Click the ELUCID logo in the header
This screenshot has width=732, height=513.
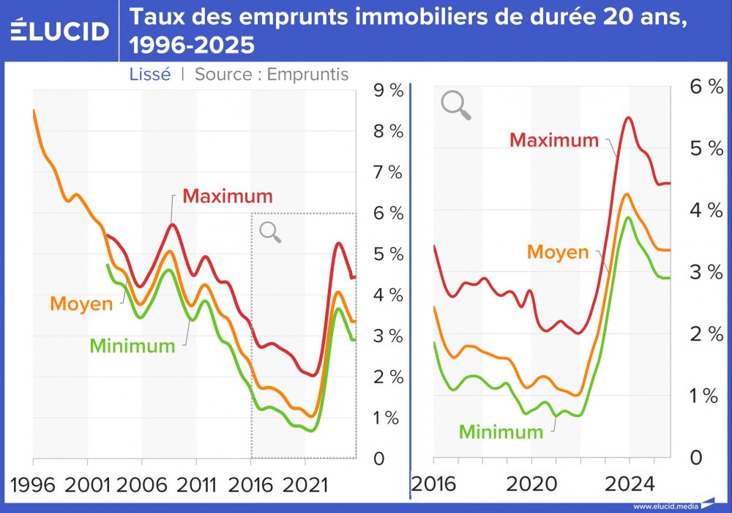60,30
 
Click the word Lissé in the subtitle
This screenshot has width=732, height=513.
150,74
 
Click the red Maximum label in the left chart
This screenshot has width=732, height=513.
227,196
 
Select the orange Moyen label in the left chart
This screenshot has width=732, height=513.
81,303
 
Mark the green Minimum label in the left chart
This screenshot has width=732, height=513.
132,346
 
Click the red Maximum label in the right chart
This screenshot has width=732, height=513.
554,139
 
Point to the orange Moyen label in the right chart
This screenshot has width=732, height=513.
558,252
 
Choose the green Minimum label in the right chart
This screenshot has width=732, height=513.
501,432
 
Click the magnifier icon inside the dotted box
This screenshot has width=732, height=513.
270,232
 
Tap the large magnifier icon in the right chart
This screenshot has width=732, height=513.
455,105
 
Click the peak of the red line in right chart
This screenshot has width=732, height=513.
627,117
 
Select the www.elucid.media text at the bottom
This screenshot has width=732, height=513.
662,506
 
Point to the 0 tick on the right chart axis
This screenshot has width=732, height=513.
695,458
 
